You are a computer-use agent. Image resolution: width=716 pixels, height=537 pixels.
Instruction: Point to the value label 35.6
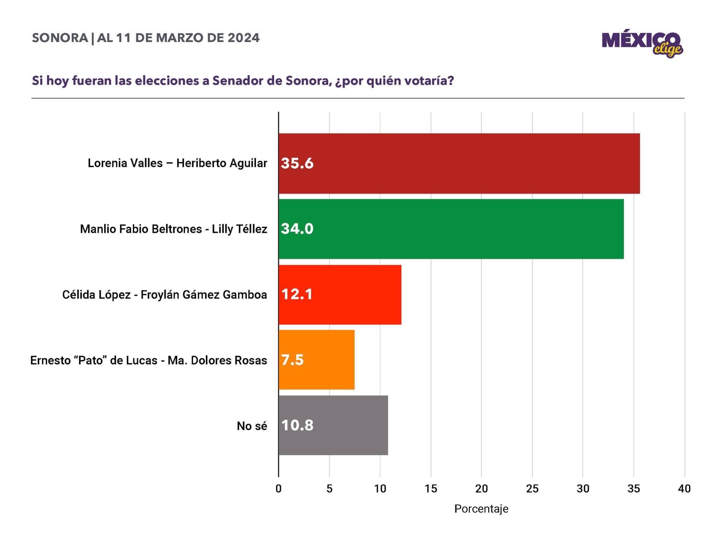[x=297, y=163]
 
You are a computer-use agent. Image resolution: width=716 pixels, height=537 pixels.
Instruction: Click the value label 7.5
[x=292, y=360]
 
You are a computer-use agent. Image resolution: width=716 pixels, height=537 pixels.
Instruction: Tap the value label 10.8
[x=297, y=425]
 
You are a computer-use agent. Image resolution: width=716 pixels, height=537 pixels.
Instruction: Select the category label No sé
[x=252, y=426]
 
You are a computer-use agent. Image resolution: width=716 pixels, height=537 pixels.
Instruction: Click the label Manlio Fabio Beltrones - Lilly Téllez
[x=174, y=229]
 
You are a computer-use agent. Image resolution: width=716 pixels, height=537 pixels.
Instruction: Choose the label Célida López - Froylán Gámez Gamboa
[x=165, y=295]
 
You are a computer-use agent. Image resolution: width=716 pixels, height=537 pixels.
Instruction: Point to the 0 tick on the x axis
[x=279, y=489]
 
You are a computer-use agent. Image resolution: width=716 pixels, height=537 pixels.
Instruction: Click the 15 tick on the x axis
[x=431, y=489]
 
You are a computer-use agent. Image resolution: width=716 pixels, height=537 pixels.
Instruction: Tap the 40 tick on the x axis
[x=684, y=489]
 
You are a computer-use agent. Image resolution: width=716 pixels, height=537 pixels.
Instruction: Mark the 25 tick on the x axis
[x=532, y=489]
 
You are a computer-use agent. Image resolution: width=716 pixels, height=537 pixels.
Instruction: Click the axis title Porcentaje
[x=481, y=509]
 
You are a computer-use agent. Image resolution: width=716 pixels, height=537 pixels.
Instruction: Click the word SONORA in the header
[x=60, y=38]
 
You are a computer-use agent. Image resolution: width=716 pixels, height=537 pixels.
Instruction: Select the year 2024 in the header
[x=243, y=38]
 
